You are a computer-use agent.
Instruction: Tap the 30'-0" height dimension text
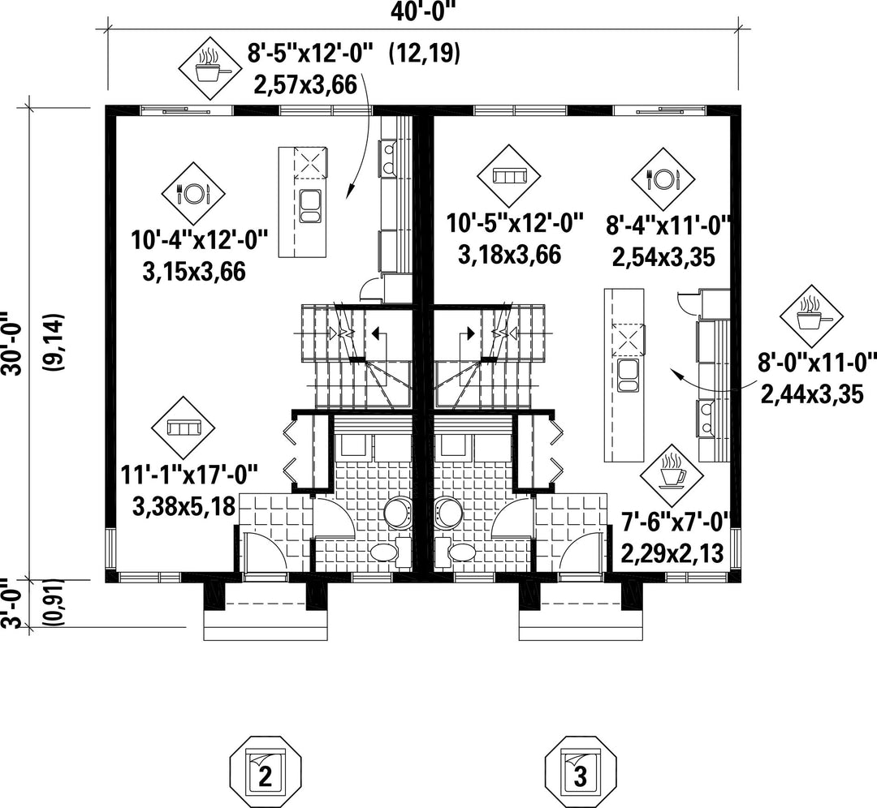click(x=11, y=343)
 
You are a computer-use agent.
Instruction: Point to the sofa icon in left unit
click(x=184, y=428)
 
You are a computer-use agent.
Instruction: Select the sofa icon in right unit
click(x=509, y=176)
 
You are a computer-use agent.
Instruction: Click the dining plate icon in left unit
click(x=193, y=193)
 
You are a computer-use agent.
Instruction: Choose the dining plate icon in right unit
click(x=663, y=179)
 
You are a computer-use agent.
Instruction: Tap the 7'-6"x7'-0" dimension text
click(x=676, y=523)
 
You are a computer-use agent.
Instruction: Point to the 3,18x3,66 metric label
click(x=509, y=255)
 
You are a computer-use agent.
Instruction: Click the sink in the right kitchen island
click(x=629, y=375)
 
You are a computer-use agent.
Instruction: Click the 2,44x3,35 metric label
click(x=812, y=394)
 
